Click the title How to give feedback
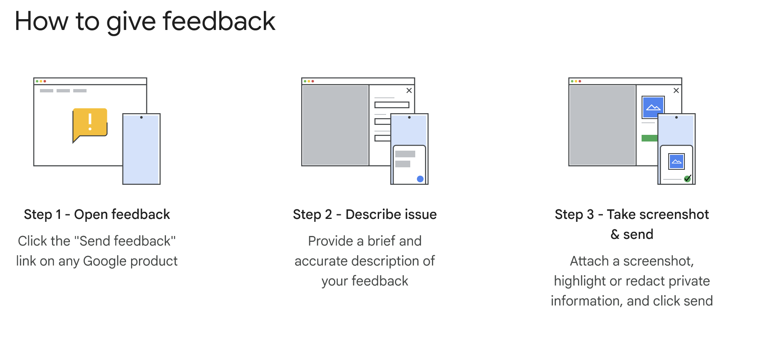[x=145, y=21]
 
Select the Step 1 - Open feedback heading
[x=97, y=214]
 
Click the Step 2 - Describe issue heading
[x=365, y=214]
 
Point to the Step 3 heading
[x=632, y=224]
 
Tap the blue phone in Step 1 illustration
[x=141, y=149]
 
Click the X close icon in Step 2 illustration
[x=409, y=90]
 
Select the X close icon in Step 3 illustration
[x=676, y=90]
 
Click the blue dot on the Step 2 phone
[x=420, y=179]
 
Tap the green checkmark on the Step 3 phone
[x=687, y=179]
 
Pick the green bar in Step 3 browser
[x=649, y=138]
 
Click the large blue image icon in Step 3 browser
[x=653, y=107]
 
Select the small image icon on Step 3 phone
[x=677, y=161]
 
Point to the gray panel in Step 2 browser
[x=335, y=125]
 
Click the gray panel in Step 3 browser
[x=602, y=125]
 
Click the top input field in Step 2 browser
[x=392, y=105]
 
